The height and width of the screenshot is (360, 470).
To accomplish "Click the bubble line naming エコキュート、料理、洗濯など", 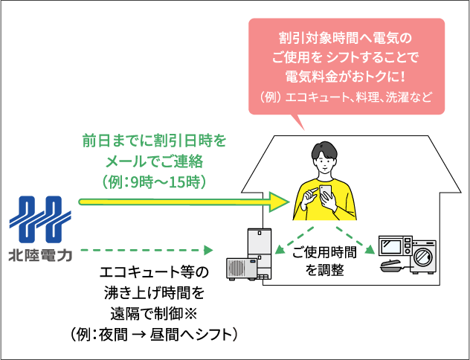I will [x=345, y=97].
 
